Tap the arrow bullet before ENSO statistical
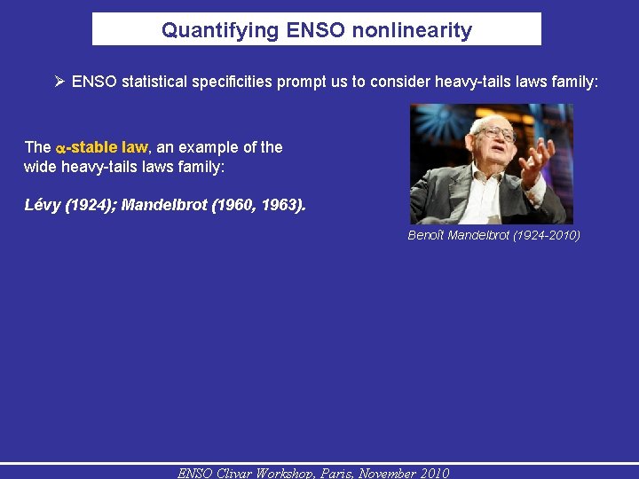(x=59, y=82)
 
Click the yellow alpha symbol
(x=60, y=148)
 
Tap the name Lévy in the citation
(x=42, y=205)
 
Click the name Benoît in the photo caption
(x=427, y=235)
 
